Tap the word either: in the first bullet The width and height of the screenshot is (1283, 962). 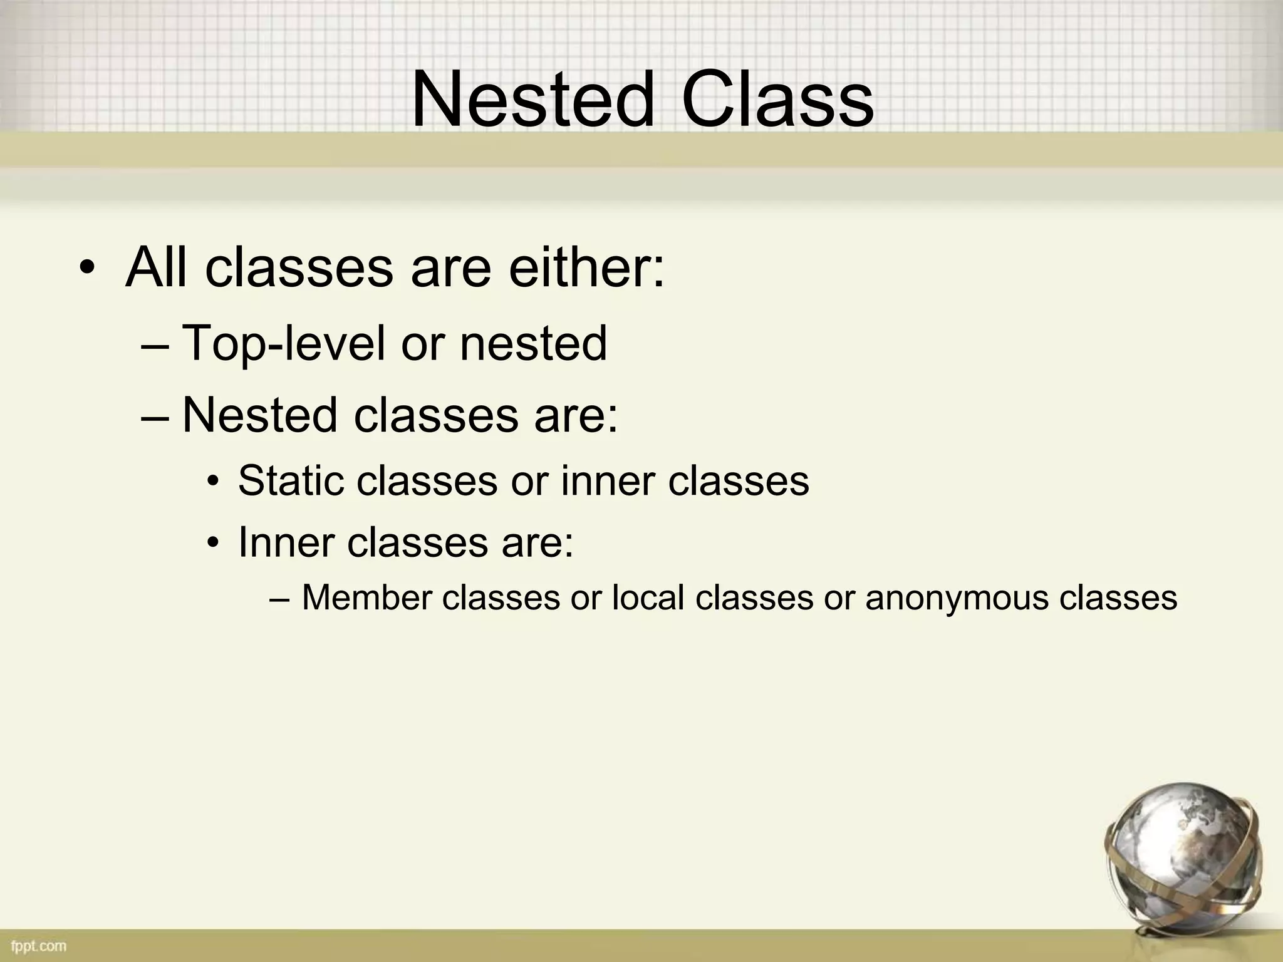pyautogui.click(x=586, y=268)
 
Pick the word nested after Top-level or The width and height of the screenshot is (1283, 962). pyautogui.click(x=533, y=343)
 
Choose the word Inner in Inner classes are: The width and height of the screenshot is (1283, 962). pyautogui.click(x=285, y=542)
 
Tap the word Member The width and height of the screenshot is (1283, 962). pyautogui.click(x=366, y=597)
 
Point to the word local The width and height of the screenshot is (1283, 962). pyautogui.click(x=648, y=597)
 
